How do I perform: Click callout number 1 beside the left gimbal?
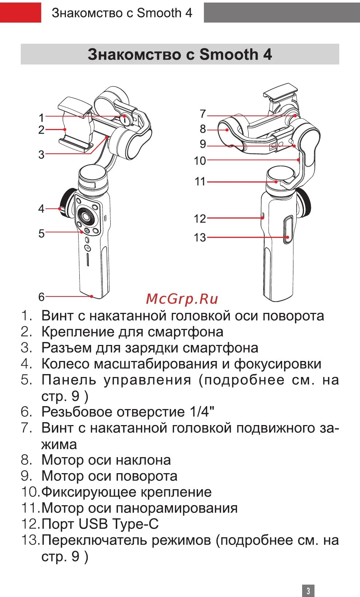(41, 118)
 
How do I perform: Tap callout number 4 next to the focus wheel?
(41, 209)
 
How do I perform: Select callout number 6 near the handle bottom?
(41, 297)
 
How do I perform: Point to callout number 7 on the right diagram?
(203, 114)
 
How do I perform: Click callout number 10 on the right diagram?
(200, 161)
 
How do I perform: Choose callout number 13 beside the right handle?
(200, 238)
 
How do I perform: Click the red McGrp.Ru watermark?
(182, 299)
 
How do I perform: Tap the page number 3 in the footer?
(308, 590)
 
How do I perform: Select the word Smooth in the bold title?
(229, 55)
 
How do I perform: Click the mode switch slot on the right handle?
(288, 229)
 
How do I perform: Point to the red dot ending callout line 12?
(262, 218)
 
